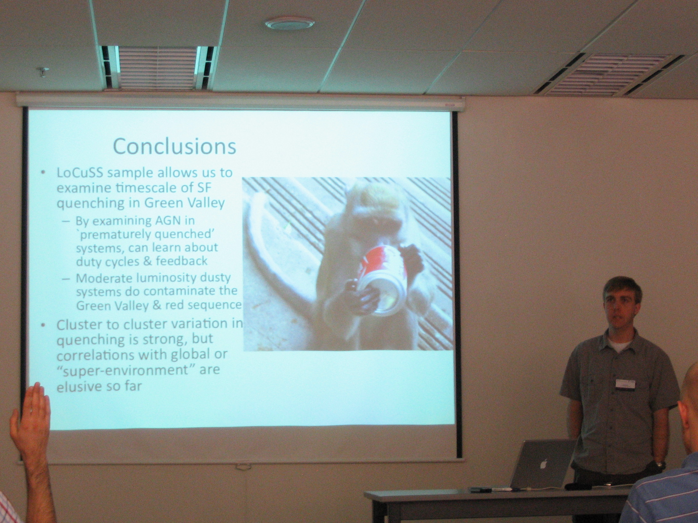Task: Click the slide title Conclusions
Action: click(174, 146)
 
